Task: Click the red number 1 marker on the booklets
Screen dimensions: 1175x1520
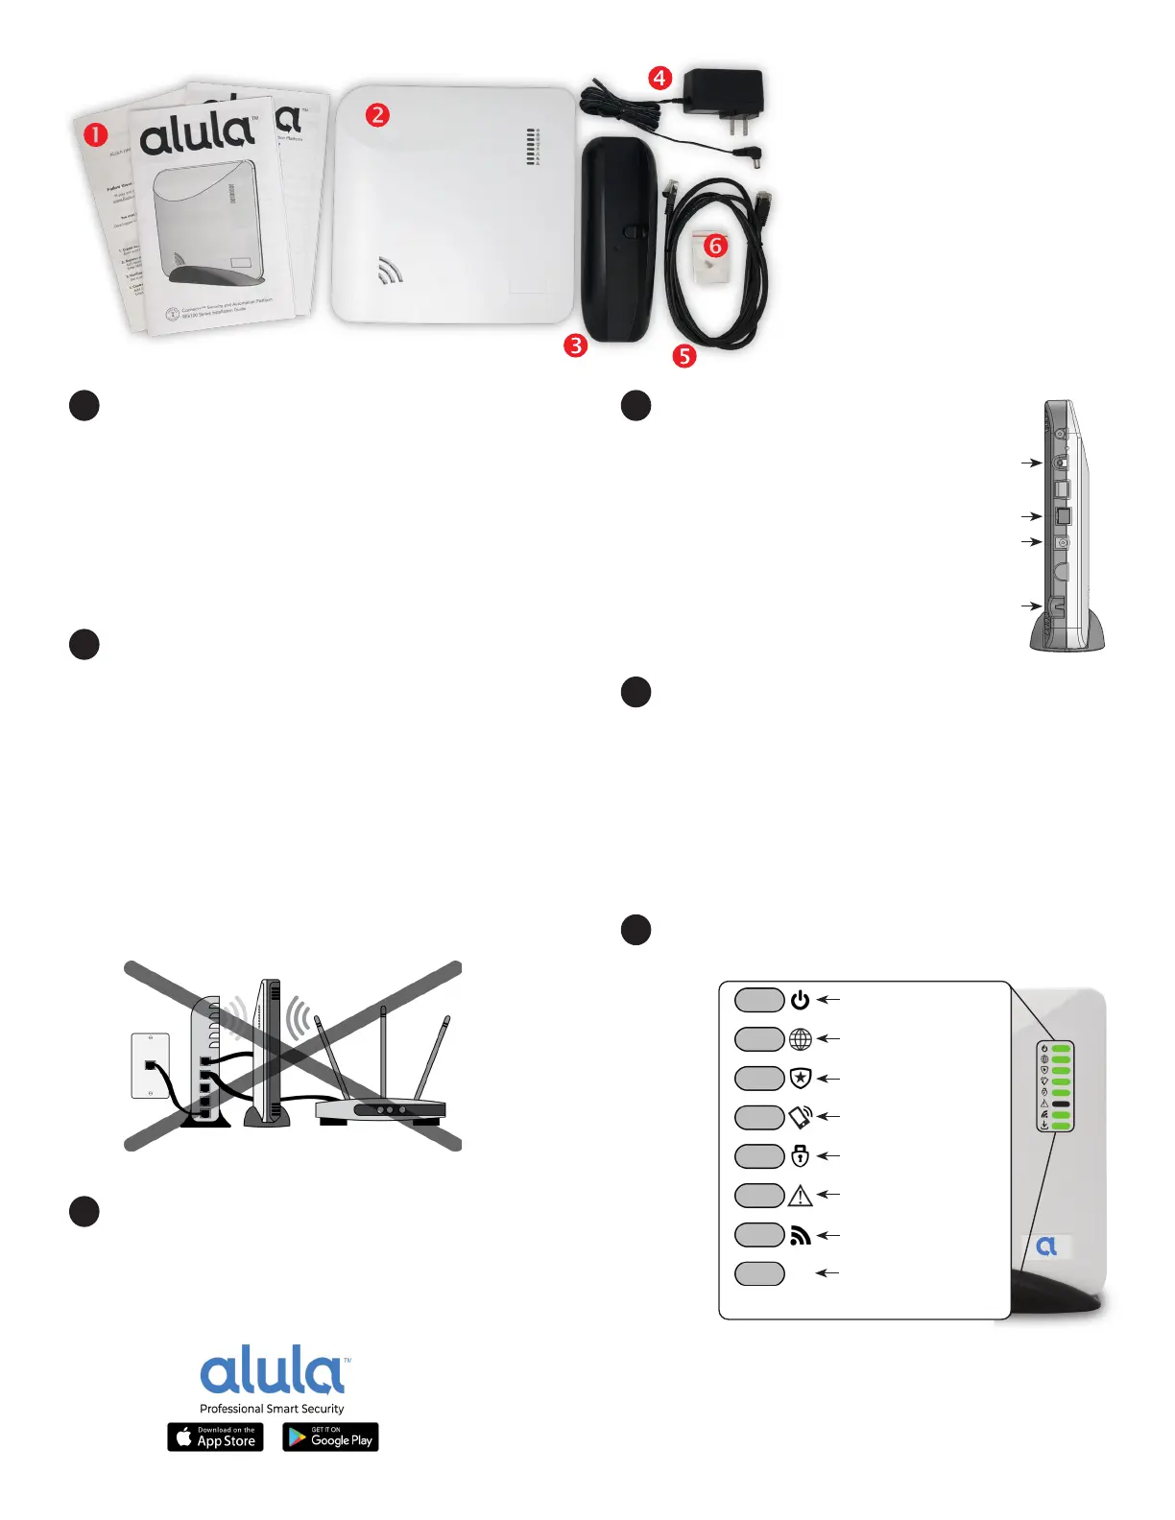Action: pos(95,135)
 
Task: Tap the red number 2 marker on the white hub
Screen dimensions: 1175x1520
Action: pos(378,115)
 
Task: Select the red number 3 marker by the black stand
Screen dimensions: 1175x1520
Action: pos(575,345)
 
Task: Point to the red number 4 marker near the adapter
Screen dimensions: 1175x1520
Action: pos(659,78)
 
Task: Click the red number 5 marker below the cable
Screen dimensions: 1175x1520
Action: pos(683,356)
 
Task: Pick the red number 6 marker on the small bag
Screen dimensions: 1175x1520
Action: pos(715,246)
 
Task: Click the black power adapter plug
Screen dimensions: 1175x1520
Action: pos(722,97)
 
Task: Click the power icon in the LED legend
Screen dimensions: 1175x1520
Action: pos(800,1000)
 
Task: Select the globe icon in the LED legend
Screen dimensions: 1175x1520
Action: pos(800,1039)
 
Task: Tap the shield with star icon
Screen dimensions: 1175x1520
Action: pos(800,1079)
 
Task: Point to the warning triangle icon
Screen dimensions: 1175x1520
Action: pos(800,1196)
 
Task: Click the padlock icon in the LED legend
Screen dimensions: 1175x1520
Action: pos(800,1156)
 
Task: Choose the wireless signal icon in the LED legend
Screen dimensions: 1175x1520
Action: pos(800,1235)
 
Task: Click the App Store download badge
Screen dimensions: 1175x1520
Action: pos(215,1437)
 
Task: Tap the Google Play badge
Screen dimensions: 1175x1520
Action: pos(330,1437)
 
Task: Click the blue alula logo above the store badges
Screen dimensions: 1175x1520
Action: pos(274,1369)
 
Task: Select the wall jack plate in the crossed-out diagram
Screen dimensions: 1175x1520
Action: pos(150,1065)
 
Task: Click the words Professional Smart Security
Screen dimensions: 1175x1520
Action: pos(272,1409)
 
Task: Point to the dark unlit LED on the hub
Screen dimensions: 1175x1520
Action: pos(1061,1104)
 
